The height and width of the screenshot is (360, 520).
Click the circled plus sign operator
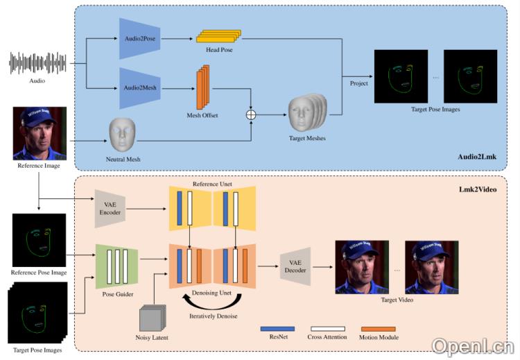[x=252, y=112]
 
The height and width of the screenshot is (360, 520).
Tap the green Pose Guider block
[x=116, y=264]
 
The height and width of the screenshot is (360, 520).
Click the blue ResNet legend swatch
[x=277, y=328]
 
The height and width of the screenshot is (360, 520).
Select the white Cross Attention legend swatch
[x=327, y=328]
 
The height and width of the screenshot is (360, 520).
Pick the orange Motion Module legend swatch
[x=378, y=328]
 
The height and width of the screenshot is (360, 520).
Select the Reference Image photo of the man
[x=40, y=133]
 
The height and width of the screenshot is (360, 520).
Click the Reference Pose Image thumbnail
[x=40, y=241]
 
